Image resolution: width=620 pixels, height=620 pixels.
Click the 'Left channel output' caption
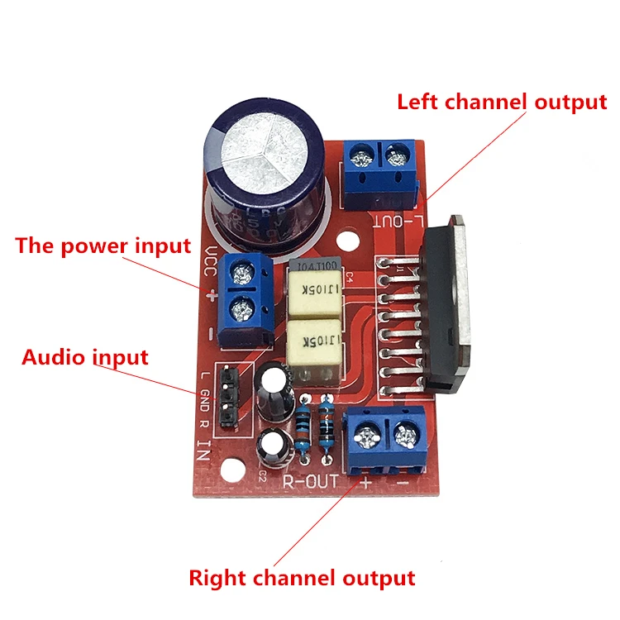[502, 103]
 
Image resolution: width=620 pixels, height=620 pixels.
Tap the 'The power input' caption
[103, 246]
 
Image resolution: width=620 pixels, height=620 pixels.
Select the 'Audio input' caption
[85, 357]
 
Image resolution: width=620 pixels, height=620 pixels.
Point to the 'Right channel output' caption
[302, 577]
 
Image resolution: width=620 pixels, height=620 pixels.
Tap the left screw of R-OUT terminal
[364, 430]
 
